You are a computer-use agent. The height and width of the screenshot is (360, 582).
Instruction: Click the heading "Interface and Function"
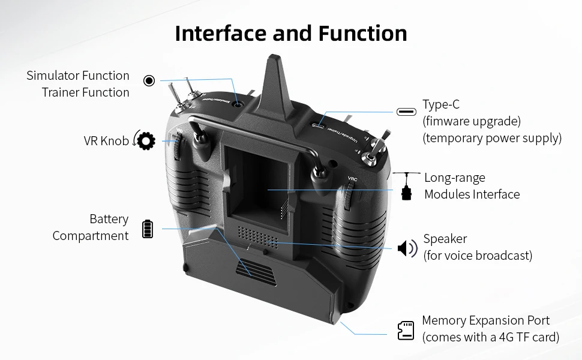291,34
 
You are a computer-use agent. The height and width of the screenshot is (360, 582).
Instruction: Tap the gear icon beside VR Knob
146,141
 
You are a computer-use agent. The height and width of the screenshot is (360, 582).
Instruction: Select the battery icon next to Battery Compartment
148,229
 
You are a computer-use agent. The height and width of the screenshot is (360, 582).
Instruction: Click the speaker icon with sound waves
407,248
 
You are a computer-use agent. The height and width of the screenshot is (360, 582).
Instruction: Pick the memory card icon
406,331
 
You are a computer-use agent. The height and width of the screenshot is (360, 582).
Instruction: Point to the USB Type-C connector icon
406,112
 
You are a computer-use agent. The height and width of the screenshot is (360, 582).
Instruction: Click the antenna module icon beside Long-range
407,187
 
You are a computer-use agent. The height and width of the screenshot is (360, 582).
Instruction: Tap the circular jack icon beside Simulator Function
149,80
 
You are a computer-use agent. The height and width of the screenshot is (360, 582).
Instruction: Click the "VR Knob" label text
106,141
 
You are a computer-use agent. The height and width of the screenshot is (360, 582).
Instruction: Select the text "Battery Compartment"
91,227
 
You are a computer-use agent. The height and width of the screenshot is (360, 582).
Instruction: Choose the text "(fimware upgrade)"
472,121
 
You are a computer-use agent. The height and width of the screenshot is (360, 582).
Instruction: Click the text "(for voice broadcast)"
478,256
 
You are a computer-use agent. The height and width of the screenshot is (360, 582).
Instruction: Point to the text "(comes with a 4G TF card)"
491,337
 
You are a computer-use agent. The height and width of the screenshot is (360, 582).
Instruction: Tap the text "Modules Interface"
472,194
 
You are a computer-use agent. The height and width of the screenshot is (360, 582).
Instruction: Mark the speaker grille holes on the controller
257,238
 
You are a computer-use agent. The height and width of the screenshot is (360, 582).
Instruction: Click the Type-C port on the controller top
318,125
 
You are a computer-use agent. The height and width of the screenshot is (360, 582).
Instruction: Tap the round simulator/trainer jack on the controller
238,104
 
